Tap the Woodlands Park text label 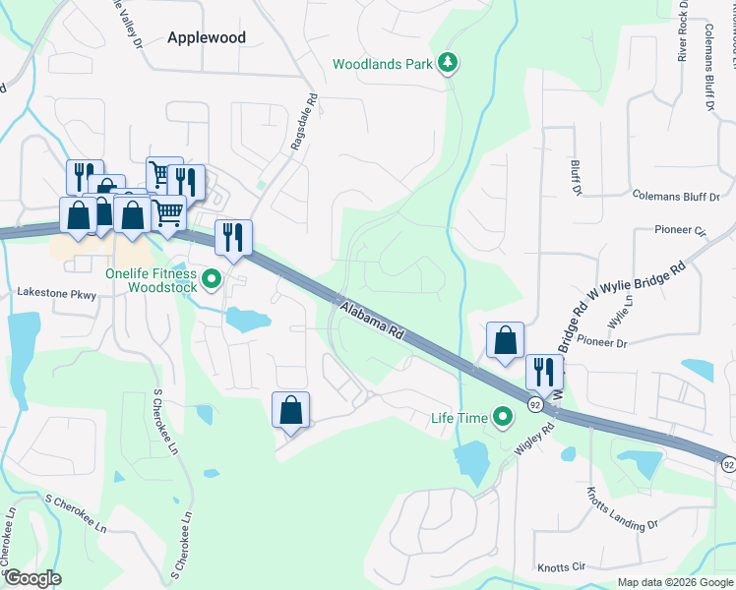(383, 64)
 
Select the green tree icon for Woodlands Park (449, 64)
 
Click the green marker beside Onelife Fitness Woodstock (211, 282)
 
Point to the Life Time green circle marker (504, 418)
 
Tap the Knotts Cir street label (561, 567)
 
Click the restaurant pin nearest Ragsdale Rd (234, 238)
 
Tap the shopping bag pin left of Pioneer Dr (505, 341)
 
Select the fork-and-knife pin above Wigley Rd (543, 373)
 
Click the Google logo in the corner (31, 578)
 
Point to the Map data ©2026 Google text (675, 582)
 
